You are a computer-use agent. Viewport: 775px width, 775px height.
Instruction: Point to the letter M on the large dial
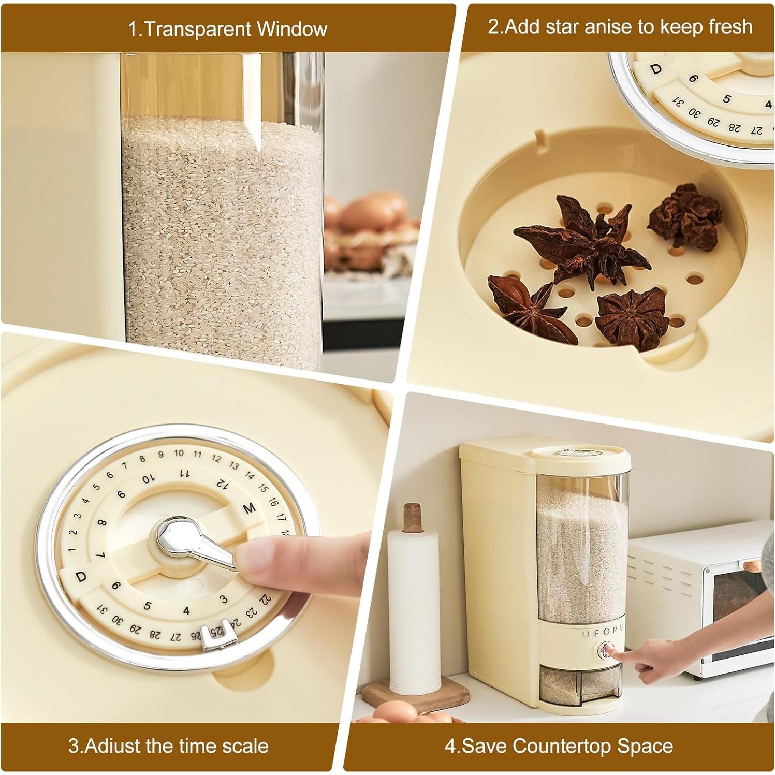pos(250,509)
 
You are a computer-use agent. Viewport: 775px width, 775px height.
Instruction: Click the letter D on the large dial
pos(81,577)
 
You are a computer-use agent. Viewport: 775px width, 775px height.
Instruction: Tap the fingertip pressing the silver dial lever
pos(254,557)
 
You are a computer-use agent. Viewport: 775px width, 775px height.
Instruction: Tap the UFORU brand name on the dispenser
pos(603,634)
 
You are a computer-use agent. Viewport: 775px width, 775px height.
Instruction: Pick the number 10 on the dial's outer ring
pos(179,453)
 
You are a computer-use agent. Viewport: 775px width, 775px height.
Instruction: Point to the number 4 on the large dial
pos(186,611)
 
